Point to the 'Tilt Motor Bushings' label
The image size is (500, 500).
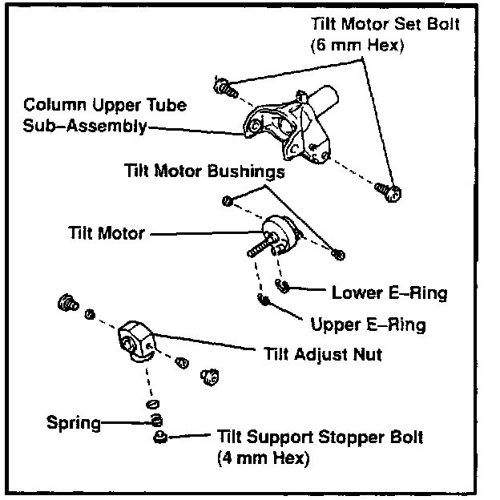204,171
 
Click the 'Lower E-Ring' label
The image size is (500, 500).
389,293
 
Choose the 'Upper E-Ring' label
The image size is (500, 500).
368,325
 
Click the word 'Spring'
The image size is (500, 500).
74,422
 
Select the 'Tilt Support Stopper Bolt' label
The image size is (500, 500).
320,438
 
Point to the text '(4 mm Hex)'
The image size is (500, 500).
263,459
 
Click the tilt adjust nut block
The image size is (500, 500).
138,340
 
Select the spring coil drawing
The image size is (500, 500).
157,421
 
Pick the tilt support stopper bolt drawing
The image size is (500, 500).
158,437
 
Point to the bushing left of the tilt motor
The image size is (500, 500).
228,200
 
